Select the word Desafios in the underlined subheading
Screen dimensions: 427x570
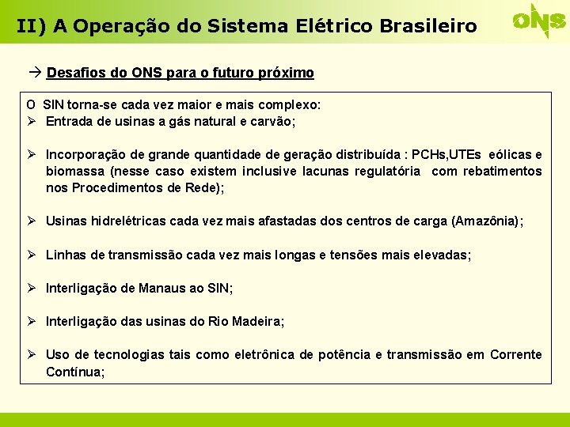(x=74, y=73)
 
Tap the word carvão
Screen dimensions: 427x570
(x=272, y=122)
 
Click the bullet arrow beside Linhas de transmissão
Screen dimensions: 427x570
(x=32, y=255)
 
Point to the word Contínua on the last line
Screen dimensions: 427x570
(x=74, y=371)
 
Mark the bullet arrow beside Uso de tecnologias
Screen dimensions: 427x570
(x=32, y=354)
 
